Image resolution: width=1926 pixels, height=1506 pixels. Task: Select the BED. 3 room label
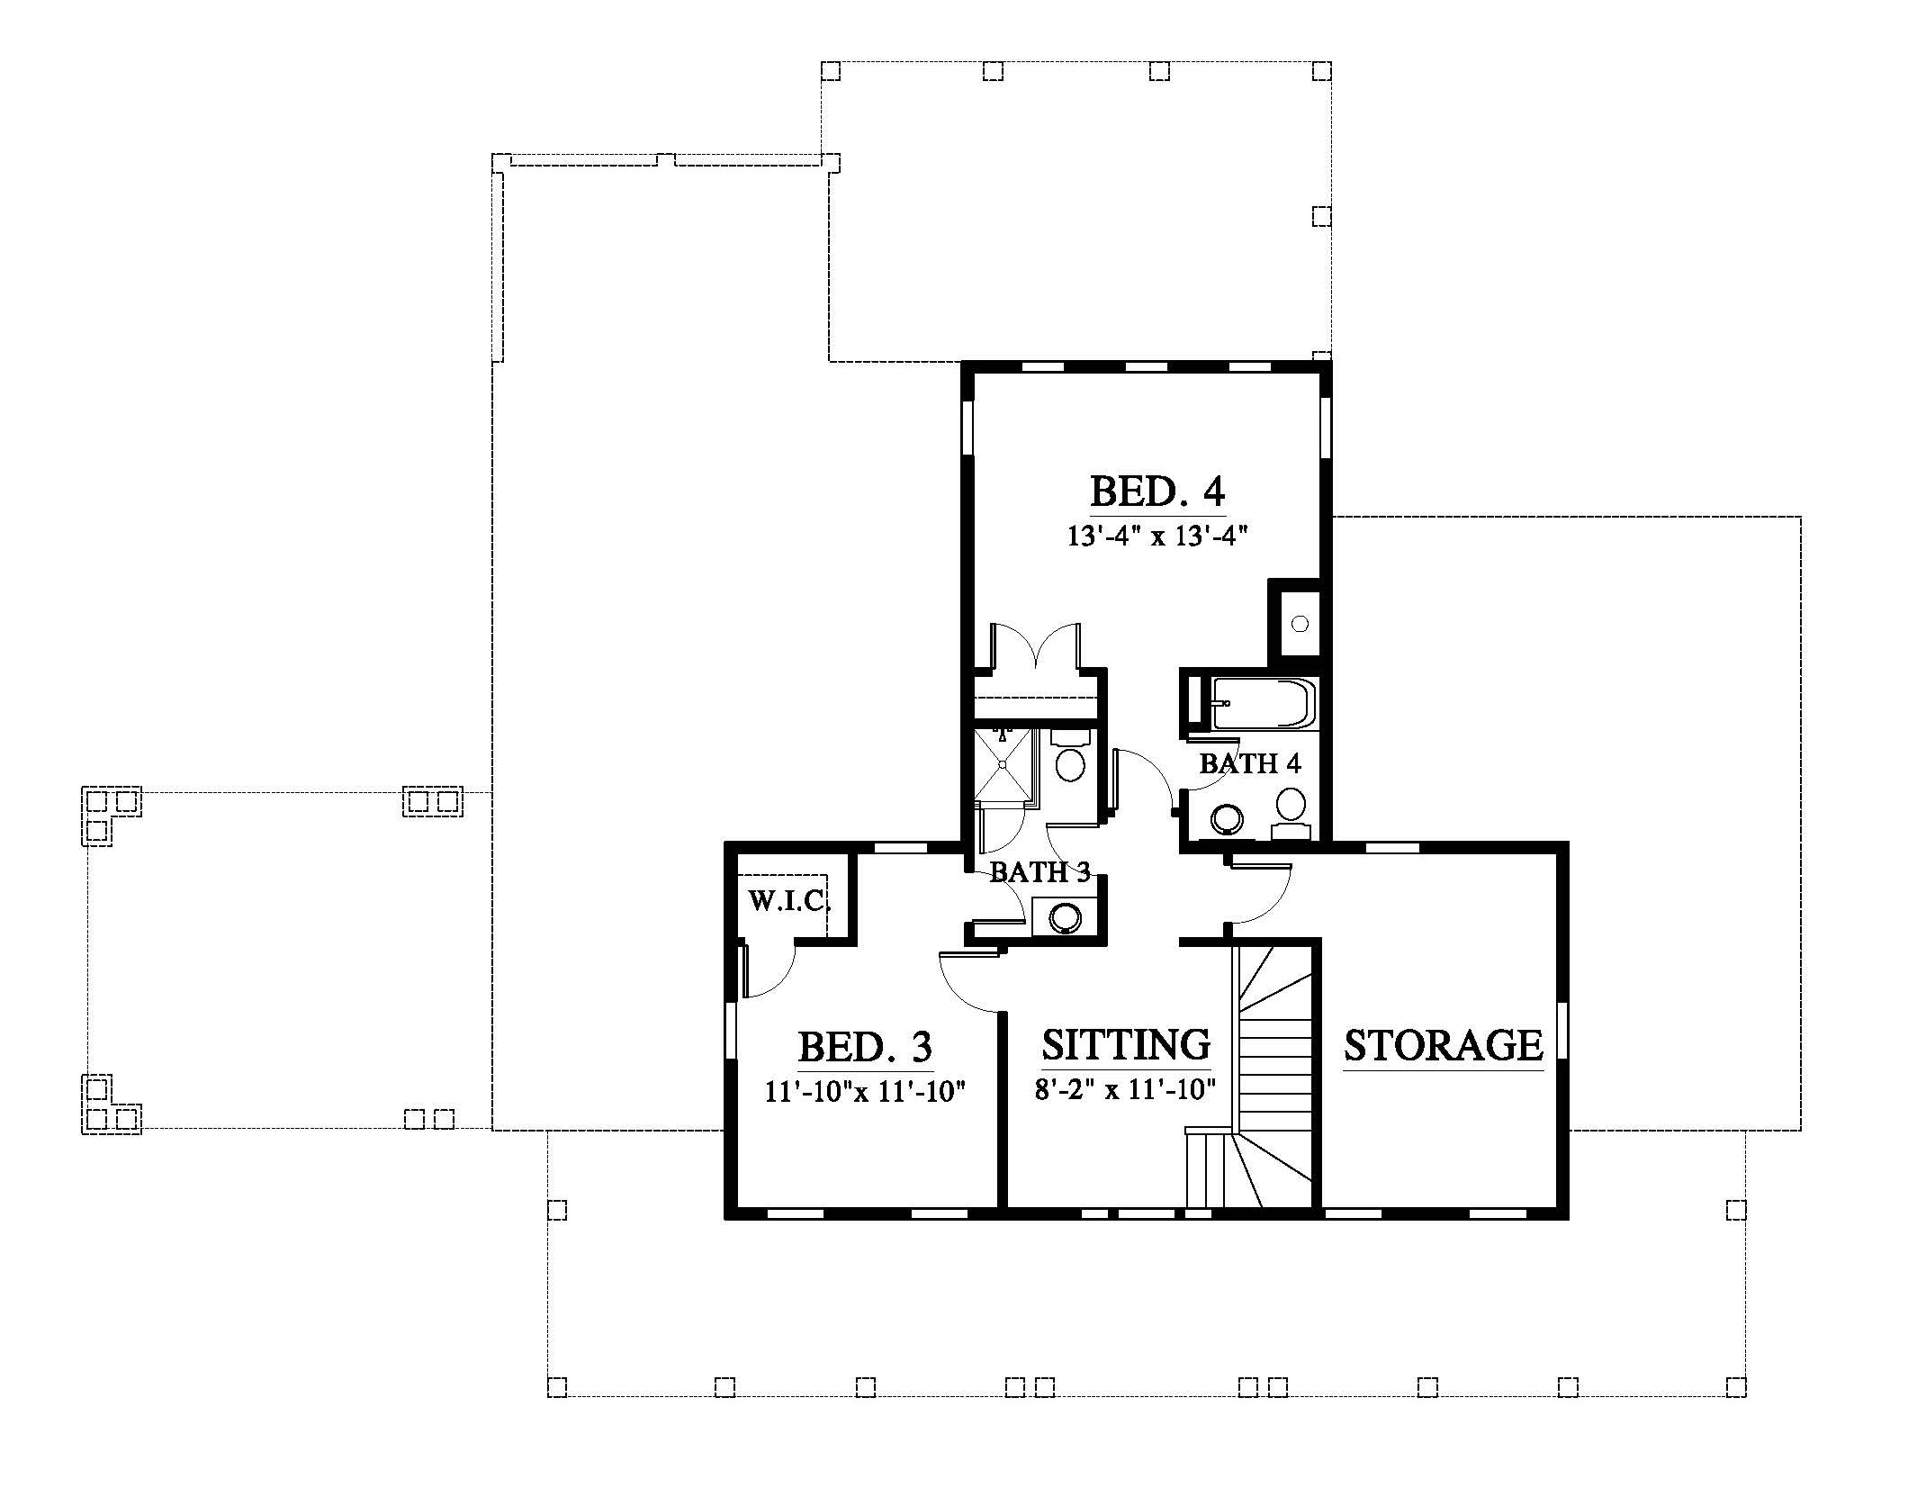tap(865, 1047)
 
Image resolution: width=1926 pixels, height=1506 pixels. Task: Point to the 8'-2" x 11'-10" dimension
tap(1125, 1090)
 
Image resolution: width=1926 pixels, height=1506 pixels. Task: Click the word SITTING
tap(1126, 1044)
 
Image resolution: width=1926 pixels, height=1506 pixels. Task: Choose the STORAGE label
tap(1444, 1045)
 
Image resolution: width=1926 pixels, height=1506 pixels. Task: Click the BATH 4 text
tap(1250, 764)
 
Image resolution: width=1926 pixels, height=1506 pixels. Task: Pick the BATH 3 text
tap(1040, 871)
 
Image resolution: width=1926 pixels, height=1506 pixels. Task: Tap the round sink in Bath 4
tap(1227, 819)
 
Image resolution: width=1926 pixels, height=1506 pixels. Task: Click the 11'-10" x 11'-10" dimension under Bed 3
tap(865, 1092)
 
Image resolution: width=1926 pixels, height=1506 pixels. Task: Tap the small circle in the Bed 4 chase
tap(1300, 622)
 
